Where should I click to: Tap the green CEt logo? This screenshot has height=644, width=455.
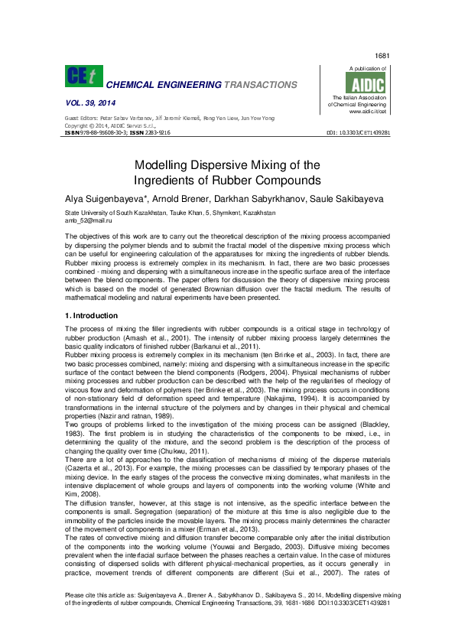tap(82, 76)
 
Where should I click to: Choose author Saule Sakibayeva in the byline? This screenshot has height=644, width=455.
tap(350, 198)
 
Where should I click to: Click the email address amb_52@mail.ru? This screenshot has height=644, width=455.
tap(86, 220)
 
